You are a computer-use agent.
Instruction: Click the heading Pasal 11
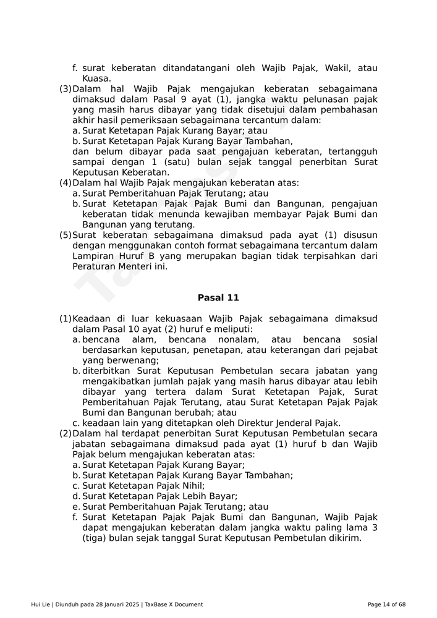218,298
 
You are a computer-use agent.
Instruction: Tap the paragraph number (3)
66,89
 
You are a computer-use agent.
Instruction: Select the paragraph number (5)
66,235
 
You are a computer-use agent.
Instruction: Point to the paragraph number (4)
66,183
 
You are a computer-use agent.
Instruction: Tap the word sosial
365,340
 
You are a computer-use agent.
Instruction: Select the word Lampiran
92,256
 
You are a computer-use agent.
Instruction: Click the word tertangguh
355,151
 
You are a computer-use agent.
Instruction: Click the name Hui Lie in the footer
40,604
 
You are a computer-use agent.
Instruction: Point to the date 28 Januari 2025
116,604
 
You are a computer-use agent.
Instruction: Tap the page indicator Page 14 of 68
386,604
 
